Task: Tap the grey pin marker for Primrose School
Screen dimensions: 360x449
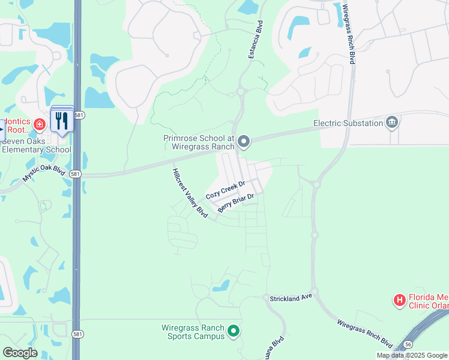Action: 244,142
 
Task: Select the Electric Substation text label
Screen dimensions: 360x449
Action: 348,123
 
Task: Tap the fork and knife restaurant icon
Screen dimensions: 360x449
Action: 62,121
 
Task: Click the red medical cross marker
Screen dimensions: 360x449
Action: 40,124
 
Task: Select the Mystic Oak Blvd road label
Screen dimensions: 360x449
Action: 44,173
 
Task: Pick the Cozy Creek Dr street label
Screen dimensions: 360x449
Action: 226,191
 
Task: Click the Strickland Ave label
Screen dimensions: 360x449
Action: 291,296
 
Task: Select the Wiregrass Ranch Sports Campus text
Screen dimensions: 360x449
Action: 193,332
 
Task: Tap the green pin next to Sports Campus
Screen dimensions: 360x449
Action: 235,331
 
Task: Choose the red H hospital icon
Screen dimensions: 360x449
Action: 399,299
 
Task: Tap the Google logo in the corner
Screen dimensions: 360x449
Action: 20,352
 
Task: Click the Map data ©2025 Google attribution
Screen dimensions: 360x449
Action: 412,355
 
